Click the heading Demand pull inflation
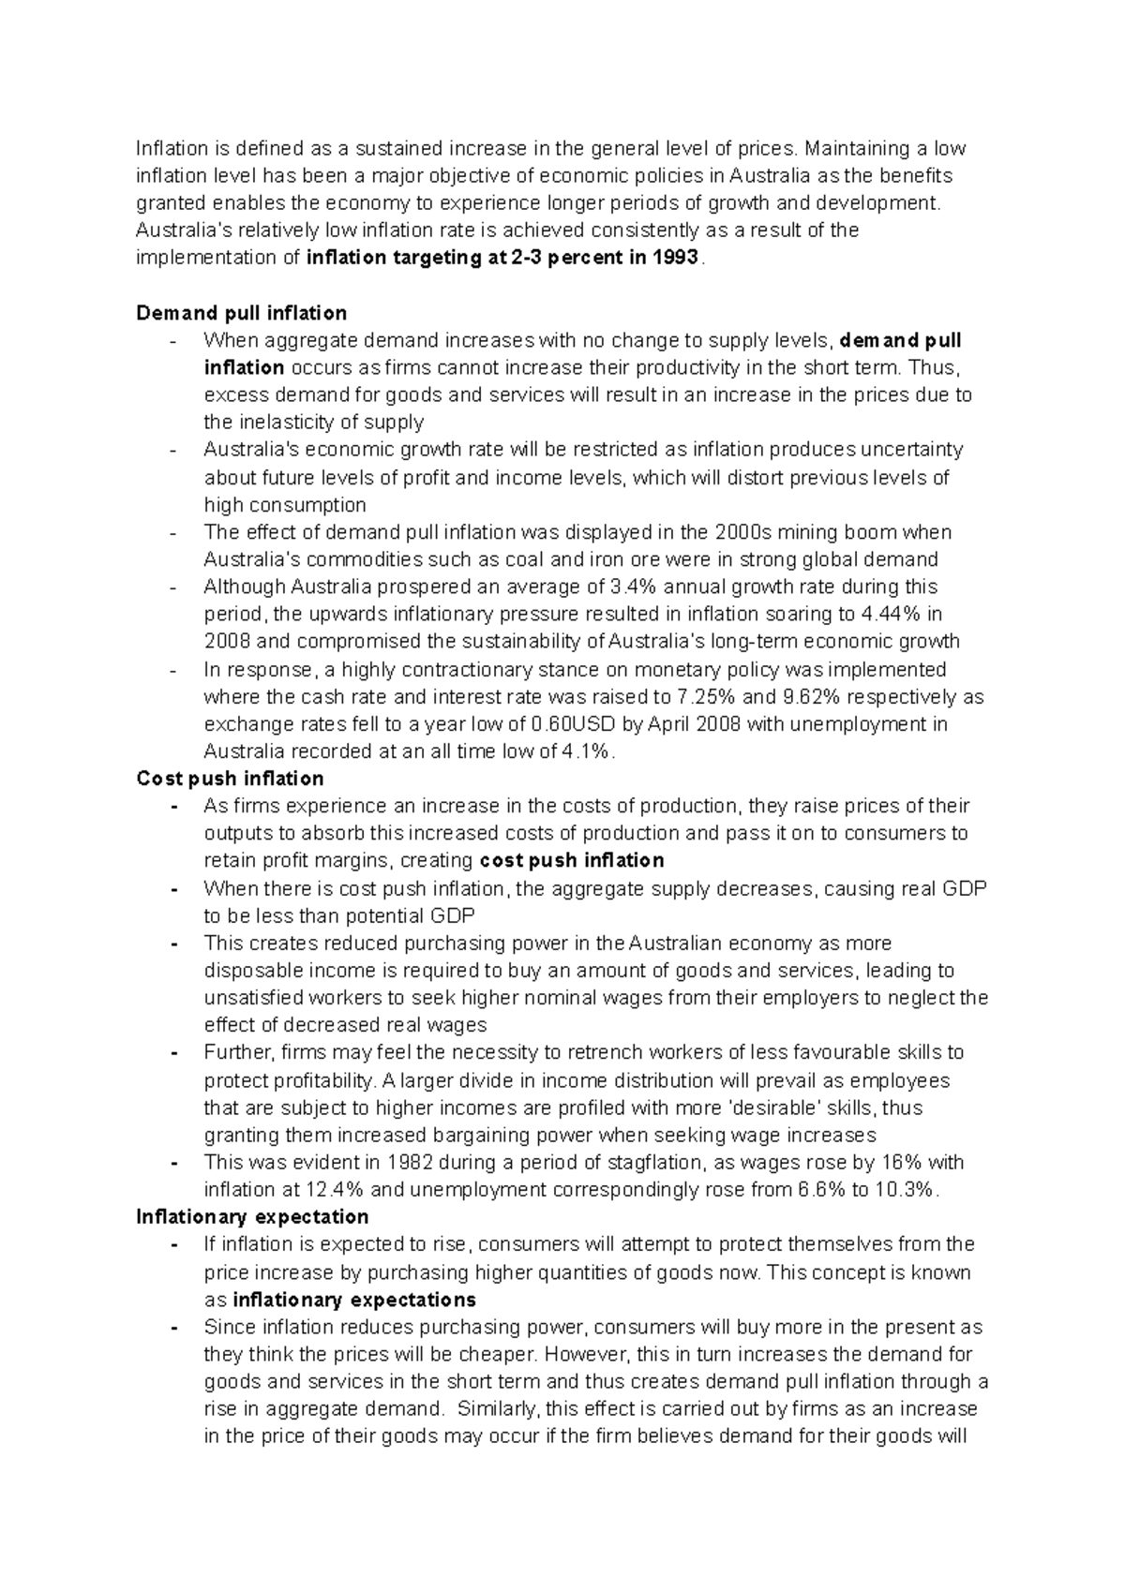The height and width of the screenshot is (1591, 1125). coord(241,313)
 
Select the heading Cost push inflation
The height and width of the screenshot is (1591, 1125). coord(230,779)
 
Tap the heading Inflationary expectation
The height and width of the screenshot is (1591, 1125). coord(252,1217)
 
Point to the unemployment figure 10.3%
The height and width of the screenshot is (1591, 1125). coord(906,1190)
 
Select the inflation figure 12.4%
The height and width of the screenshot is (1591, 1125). coord(336,1190)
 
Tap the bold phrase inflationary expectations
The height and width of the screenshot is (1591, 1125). coord(354,1301)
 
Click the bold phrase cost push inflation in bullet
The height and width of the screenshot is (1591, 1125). coord(571,861)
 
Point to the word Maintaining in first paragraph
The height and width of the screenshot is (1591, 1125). coord(858,149)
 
